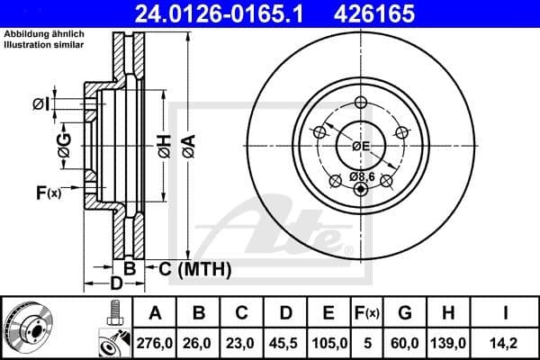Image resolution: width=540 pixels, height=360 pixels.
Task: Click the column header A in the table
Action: (x=154, y=312)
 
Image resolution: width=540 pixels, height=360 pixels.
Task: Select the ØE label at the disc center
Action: (x=361, y=146)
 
